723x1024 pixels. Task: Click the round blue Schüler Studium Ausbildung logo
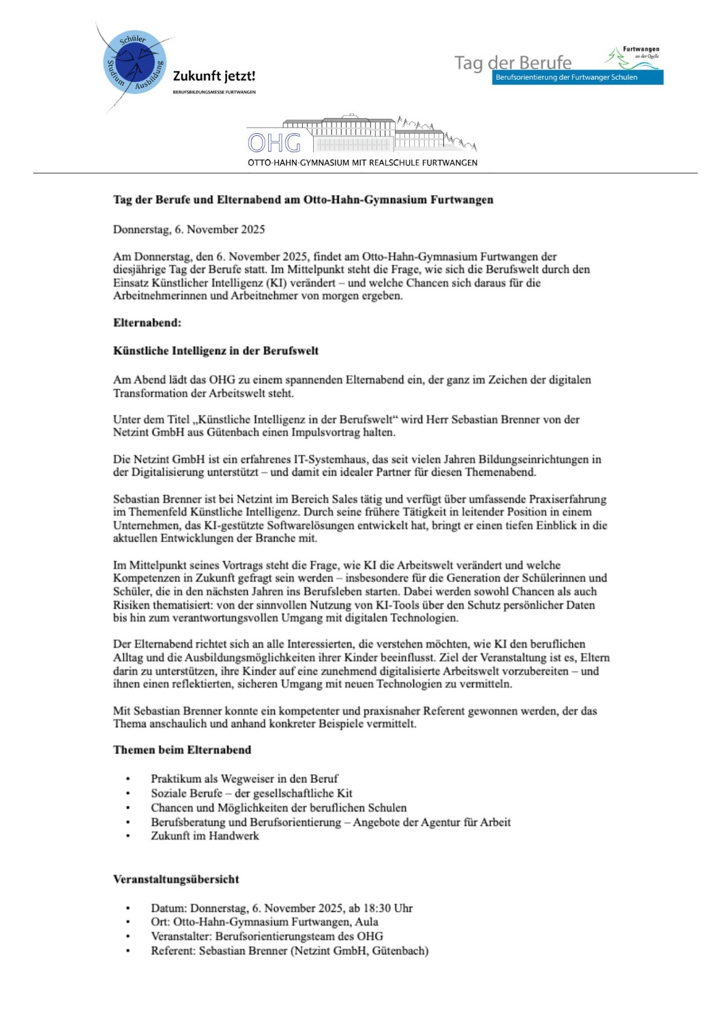pos(134,63)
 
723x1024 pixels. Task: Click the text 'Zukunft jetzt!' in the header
pos(214,76)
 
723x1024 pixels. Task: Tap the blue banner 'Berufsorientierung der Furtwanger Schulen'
pos(577,77)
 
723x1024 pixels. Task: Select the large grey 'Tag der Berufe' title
pos(513,63)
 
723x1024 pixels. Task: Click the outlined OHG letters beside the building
pos(274,143)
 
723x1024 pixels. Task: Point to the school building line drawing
pos(382,134)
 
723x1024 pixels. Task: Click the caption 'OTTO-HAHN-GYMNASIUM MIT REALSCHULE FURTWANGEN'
pos(362,162)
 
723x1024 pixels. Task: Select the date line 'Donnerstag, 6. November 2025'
pos(189,229)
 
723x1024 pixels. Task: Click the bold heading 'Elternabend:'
pos(147,323)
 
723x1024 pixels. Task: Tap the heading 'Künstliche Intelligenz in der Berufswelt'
pos(216,351)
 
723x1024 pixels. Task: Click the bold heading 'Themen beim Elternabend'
pos(182,750)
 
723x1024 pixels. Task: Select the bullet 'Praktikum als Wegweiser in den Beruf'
pos(244,779)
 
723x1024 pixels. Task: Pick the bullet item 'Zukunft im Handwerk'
pos(205,836)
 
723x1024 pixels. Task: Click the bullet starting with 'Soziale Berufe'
pos(251,793)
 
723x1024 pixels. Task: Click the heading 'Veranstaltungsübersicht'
pos(176,879)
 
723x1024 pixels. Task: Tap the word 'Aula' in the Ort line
pos(366,922)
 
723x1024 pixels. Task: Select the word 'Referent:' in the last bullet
pos(173,951)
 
